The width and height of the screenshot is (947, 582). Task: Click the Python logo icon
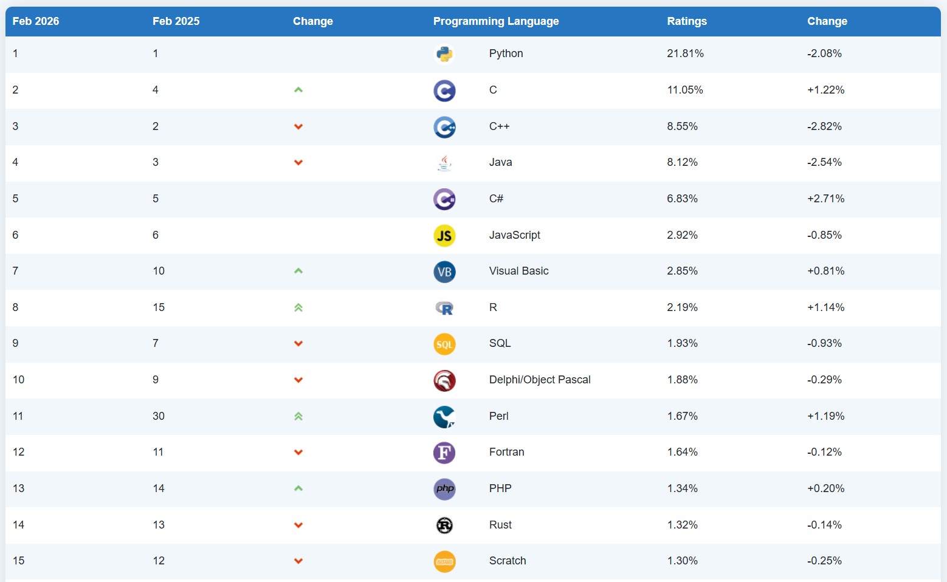coord(444,54)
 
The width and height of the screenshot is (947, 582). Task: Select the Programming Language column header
coord(495,21)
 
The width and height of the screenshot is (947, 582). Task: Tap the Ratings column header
coord(687,21)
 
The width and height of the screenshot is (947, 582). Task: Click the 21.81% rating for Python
coord(685,53)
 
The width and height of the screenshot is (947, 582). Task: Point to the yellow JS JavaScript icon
coord(444,236)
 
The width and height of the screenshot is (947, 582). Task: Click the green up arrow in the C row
coord(298,90)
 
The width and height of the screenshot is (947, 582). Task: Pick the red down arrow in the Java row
coord(298,163)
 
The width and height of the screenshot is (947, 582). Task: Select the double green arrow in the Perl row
coord(298,417)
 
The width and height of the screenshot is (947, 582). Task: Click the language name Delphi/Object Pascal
coord(540,380)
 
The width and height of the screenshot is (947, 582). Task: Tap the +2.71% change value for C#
coord(825,199)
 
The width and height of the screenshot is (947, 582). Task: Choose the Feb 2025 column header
coord(176,21)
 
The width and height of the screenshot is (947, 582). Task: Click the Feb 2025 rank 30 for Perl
coord(159,416)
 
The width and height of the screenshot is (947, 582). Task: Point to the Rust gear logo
coord(444,526)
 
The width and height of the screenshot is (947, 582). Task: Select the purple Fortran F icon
coord(444,453)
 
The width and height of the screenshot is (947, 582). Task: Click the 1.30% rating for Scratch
coord(682,561)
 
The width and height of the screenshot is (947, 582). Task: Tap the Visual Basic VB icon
coord(444,272)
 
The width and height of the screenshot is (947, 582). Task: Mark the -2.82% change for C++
coord(824,126)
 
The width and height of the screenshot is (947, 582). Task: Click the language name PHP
coord(500,488)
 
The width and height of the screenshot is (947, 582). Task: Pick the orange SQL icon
coord(444,344)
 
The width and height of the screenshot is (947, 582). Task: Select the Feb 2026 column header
coord(36,21)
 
